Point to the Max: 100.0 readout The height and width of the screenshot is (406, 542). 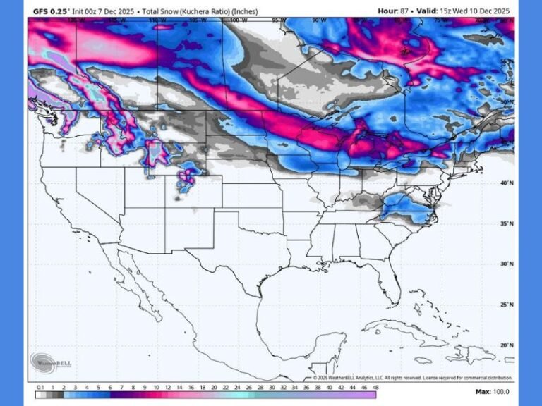tap(492, 392)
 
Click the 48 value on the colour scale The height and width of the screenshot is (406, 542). tap(375, 388)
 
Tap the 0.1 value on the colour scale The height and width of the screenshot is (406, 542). tap(40, 388)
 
